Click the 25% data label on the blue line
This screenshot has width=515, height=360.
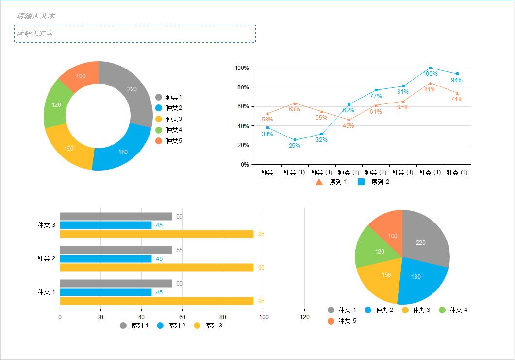tap(295, 146)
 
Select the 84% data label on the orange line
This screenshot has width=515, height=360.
tap(430, 89)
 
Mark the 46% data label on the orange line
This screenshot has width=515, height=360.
tap(349, 126)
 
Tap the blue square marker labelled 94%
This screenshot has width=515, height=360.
tap(457, 74)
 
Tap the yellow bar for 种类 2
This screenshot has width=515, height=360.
tap(156, 267)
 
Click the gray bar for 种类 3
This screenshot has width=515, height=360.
tap(116, 217)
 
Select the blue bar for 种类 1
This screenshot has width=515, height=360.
tap(105, 292)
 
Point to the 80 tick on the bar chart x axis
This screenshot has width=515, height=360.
tap(223, 317)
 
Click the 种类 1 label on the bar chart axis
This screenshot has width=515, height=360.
tap(47, 292)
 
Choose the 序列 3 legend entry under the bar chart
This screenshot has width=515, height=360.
tap(209, 326)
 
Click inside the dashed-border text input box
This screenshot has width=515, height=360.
tap(135, 34)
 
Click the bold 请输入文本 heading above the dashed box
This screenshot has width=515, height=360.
tap(36, 16)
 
